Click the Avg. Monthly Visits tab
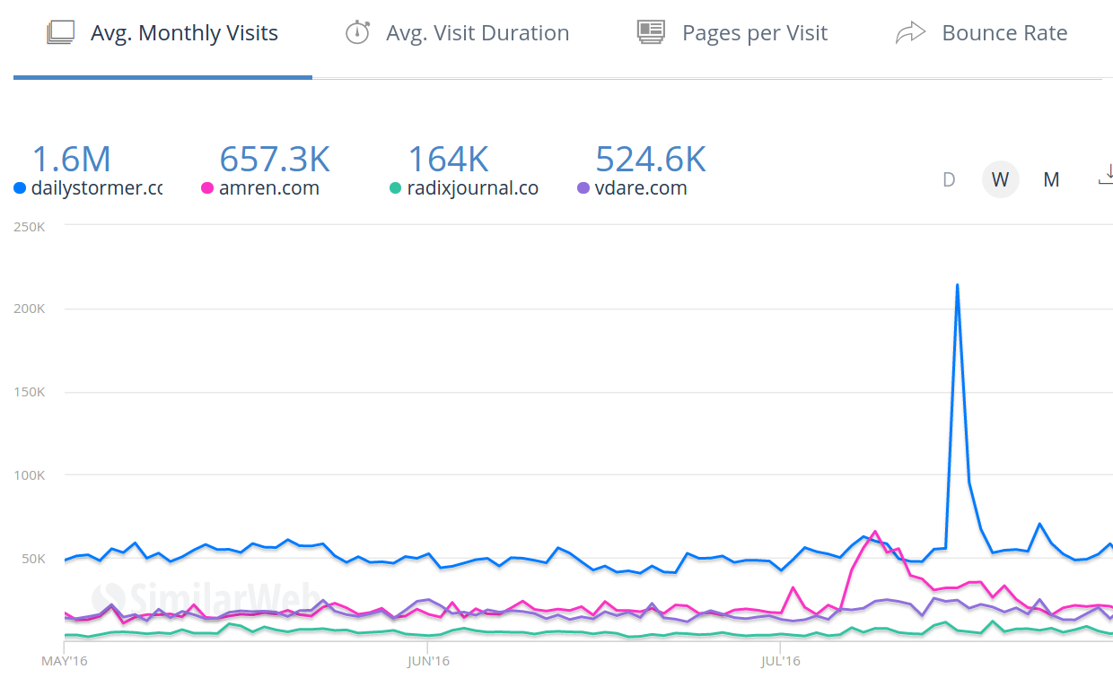point(184,34)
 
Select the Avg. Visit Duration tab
point(477,34)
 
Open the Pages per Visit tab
point(754,34)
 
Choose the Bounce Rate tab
point(1003,34)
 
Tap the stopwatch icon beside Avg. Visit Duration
point(357,33)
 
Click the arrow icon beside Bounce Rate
point(910,34)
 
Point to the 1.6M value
point(72,160)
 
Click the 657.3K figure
point(275,160)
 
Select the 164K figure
point(448,160)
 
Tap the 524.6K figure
point(651,160)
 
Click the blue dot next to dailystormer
point(20,188)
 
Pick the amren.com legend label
point(268,188)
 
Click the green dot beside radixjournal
point(395,188)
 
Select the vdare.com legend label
point(640,188)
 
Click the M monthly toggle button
point(1051,179)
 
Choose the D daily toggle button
point(949,179)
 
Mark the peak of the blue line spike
point(957,285)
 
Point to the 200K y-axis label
point(30,309)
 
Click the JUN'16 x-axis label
point(428,662)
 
